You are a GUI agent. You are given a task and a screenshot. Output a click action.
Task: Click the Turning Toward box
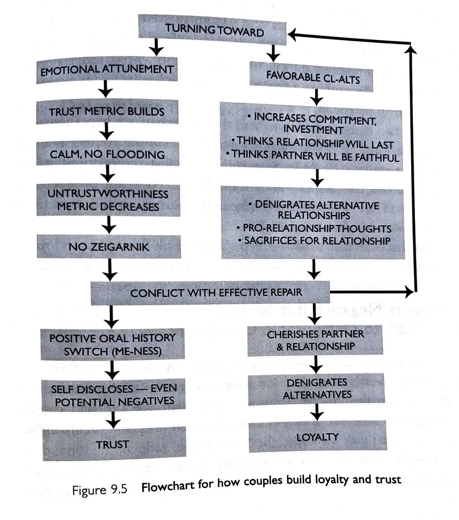click(212, 30)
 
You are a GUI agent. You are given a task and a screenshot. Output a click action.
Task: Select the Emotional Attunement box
click(107, 70)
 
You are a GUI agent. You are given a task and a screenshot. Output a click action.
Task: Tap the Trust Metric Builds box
click(107, 112)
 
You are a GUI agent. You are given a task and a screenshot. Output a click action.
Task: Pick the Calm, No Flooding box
click(107, 154)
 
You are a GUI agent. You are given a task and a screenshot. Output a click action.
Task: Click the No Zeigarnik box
click(109, 247)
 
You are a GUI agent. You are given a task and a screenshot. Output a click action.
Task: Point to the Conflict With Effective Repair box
click(210, 293)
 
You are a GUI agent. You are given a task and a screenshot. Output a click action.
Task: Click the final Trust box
click(113, 444)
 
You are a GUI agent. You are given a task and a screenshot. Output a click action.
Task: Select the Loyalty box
click(317, 437)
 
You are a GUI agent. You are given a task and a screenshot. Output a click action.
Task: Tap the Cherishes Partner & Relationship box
click(315, 340)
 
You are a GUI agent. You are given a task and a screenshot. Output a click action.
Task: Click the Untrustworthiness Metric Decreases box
click(108, 200)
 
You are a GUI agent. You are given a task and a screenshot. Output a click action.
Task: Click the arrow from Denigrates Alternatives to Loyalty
click(317, 412)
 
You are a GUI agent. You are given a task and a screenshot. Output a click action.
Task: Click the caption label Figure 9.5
click(100, 490)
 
